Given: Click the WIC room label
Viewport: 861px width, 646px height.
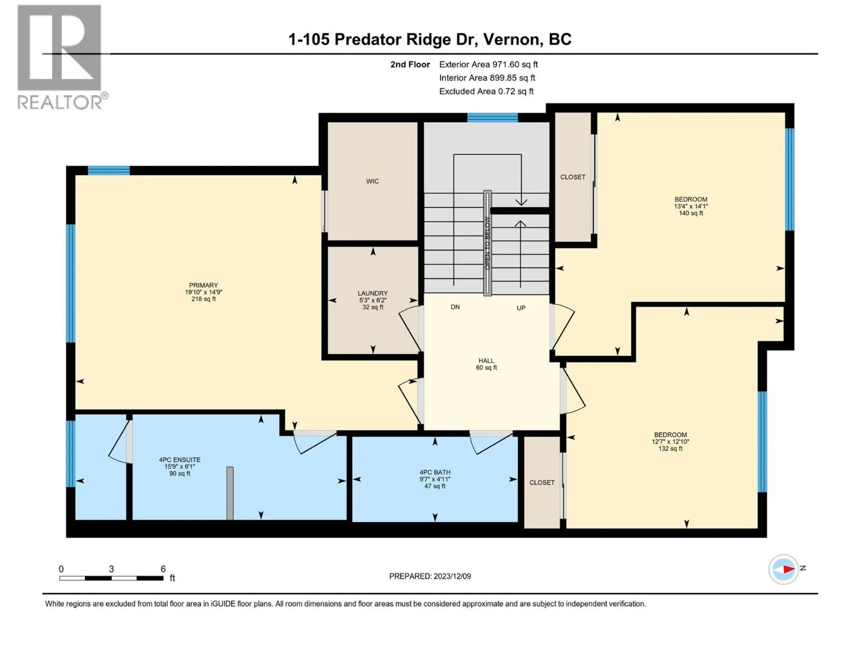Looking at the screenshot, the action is pyautogui.click(x=372, y=181).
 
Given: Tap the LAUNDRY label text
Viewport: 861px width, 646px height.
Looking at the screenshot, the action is pyautogui.click(x=372, y=293).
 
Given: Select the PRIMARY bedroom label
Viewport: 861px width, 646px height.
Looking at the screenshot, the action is pyautogui.click(x=203, y=285).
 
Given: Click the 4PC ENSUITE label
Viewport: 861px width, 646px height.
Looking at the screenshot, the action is pyautogui.click(x=180, y=460).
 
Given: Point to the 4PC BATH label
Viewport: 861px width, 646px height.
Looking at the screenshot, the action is pyautogui.click(x=435, y=473).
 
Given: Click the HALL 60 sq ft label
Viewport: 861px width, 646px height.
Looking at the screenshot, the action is pyautogui.click(x=486, y=364).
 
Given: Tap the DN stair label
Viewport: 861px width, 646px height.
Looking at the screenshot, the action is pyautogui.click(x=455, y=307).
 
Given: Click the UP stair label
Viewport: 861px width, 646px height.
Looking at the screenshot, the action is pyautogui.click(x=521, y=308).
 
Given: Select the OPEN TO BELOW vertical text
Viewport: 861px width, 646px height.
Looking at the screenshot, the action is pyautogui.click(x=488, y=243).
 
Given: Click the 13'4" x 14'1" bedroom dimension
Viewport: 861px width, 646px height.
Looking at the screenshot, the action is pyautogui.click(x=691, y=206).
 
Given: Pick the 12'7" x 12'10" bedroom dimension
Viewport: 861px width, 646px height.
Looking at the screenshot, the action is pyautogui.click(x=671, y=441).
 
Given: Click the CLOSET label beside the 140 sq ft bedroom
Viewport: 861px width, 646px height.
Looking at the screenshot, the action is pyautogui.click(x=573, y=177).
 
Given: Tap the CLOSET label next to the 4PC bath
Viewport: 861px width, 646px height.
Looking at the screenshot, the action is pyautogui.click(x=542, y=482).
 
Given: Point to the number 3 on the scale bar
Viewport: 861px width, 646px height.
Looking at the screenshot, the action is pyautogui.click(x=111, y=568).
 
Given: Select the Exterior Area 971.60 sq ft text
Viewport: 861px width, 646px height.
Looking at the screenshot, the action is pyautogui.click(x=489, y=64).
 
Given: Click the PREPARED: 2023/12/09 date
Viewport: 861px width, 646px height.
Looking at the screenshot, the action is pyautogui.click(x=430, y=576).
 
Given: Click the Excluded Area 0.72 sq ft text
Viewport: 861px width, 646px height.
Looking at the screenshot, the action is pyautogui.click(x=486, y=92).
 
